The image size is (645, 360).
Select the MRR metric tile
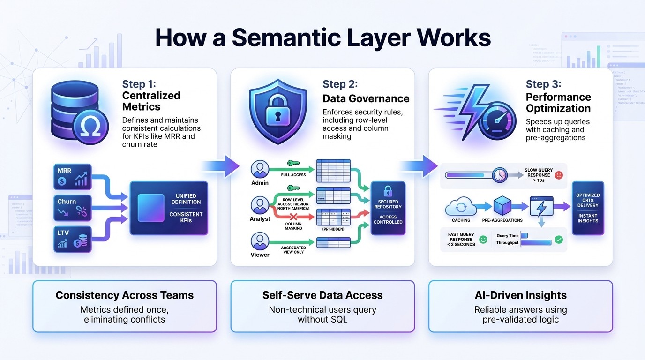click(72, 176)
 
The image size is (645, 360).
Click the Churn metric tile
click(72, 207)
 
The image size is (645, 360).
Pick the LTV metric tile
click(72, 238)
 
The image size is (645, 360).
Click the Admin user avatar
click(260, 169)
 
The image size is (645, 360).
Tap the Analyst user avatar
click(260, 205)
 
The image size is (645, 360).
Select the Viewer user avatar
click(260, 241)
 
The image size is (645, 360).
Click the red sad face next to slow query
click(558, 175)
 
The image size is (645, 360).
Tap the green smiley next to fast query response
click(483, 240)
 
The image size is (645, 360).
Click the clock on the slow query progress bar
click(500, 175)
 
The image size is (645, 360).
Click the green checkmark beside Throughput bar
click(558, 240)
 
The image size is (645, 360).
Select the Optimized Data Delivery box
click(588, 208)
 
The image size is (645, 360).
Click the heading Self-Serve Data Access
click(322, 295)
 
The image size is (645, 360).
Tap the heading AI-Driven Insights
click(520, 295)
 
